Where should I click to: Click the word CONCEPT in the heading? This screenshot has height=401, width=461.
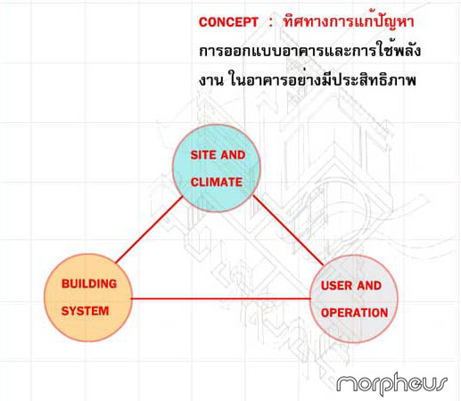(228, 22)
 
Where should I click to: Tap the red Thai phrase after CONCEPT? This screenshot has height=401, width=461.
(349, 21)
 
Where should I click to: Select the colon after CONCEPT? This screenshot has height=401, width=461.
(270, 22)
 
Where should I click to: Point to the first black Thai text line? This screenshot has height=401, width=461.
(310, 51)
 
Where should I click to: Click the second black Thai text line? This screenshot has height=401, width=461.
(308, 79)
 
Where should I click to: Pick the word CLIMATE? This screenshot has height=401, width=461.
(217, 182)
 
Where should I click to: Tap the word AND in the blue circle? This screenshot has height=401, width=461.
(233, 155)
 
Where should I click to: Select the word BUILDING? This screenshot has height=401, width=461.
(89, 283)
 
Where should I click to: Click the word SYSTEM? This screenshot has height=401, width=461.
(85, 311)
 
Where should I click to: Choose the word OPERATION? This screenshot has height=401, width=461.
(354, 313)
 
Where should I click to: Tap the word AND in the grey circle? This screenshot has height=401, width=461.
(369, 285)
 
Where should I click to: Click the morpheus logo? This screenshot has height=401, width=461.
(391, 383)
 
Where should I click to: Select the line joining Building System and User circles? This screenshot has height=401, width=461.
(220, 299)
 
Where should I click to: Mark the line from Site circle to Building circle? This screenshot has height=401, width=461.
(149, 230)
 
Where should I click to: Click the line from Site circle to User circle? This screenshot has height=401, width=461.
(288, 230)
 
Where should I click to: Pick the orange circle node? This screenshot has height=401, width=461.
(87, 298)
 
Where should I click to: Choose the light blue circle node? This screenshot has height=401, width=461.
(217, 168)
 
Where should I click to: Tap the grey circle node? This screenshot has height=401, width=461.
(354, 299)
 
